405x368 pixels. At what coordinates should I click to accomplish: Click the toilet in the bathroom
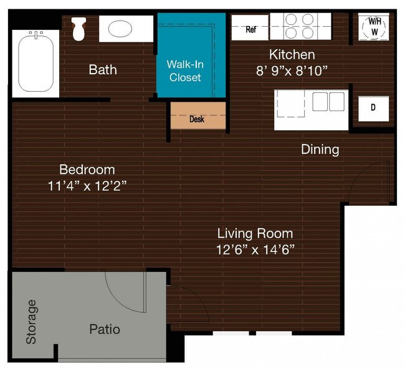79,29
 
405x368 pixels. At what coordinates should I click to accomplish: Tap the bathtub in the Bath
36,64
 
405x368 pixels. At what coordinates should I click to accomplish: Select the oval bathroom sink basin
120,29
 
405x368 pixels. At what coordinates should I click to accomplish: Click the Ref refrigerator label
251,29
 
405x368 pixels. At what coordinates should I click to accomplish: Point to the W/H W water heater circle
374,27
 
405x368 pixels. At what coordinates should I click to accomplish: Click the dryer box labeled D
373,109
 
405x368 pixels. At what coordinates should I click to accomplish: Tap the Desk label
197,119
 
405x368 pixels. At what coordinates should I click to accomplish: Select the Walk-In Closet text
185,70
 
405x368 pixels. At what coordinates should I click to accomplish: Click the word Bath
103,70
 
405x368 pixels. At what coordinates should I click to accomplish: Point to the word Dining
320,150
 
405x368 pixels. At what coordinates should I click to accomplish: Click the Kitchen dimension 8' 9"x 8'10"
292,70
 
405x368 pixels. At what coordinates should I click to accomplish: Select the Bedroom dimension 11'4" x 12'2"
87,186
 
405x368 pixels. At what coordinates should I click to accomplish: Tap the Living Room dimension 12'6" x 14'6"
255,249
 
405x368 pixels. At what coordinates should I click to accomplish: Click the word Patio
105,329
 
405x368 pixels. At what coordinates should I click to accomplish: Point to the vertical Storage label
32,322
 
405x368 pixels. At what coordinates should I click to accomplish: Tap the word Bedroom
87,170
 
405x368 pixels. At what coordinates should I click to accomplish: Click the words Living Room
255,233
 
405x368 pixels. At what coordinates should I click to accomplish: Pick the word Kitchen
292,54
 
